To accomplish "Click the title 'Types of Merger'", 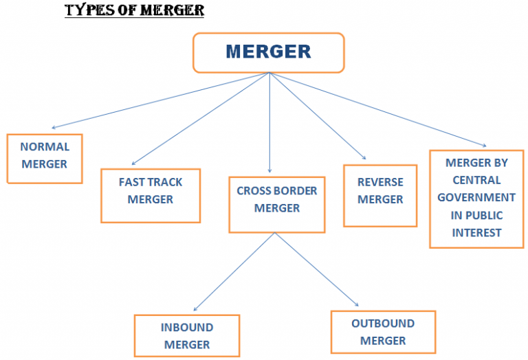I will tap(134, 11).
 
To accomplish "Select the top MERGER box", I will tap(268, 52).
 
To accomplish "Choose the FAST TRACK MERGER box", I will tap(151, 195).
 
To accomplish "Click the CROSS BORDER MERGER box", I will tap(277, 204).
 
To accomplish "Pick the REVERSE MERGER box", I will tap(380, 195).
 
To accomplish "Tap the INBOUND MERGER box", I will tap(187, 335).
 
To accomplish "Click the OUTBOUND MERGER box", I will tap(383, 331).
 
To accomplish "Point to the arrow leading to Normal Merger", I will tap(158, 100).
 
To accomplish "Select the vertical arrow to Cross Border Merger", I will tap(269, 124).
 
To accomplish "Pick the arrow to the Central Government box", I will tap(378, 110).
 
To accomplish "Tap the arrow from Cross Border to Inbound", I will tap(234, 272).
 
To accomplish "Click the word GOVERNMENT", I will tap(476, 198).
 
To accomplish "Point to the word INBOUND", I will tap(187, 327).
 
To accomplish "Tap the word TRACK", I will tap(168, 182).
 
